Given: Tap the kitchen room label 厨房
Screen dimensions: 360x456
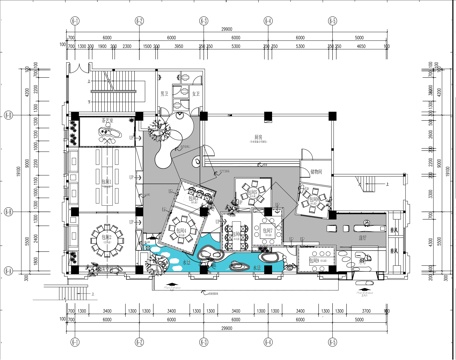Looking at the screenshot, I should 257,141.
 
